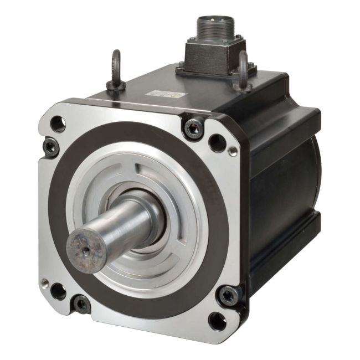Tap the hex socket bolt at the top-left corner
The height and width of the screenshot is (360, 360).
click(50, 147)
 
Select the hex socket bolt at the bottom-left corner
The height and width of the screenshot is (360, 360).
click(81, 304)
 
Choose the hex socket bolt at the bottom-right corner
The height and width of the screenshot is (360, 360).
click(228, 295)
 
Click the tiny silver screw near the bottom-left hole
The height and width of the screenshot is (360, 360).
click(44, 283)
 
